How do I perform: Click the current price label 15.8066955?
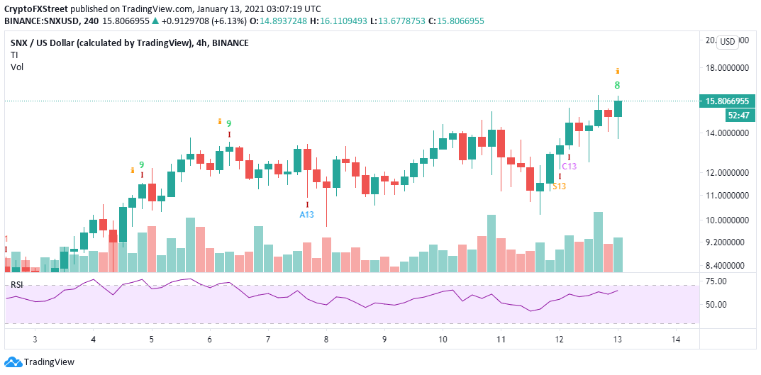pyautogui.click(x=728, y=101)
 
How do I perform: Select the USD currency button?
pyautogui.click(x=728, y=42)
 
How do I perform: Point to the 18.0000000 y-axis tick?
pyautogui.click(x=728, y=69)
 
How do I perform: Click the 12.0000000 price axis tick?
pyautogui.click(x=728, y=172)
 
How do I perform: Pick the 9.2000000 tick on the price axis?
pyautogui.click(x=728, y=242)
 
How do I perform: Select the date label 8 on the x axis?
pyautogui.click(x=326, y=340)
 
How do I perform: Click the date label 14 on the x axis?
pyautogui.click(x=675, y=340)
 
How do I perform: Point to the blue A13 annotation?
pyautogui.click(x=306, y=214)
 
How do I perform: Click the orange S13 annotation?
pyautogui.click(x=559, y=186)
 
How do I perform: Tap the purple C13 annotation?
pyautogui.click(x=569, y=166)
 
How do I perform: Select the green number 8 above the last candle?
pyautogui.click(x=618, y=85)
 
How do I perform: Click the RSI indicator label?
pyautogui.click(x=16, y=285)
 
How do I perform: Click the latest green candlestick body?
pyautogui.click(x=618, y=108)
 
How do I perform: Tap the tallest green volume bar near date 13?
pyautogui.click(x=598, y=242)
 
